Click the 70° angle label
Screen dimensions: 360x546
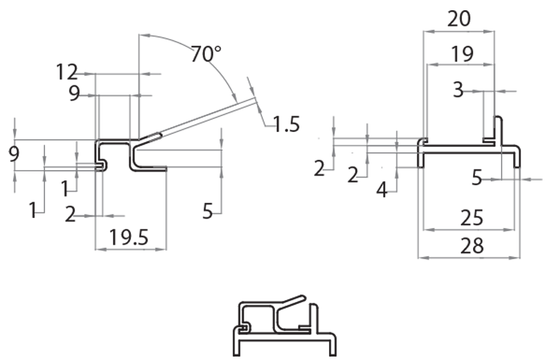click(x=203, y=54)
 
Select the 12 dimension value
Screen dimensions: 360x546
click(x=68, y=71)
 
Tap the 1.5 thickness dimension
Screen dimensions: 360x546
click(x=286, y=124)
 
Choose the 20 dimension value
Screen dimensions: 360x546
click(x=459, y=18)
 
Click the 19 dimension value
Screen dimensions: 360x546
click(x=462, y=54)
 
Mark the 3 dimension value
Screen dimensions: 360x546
click(x=458, y=89)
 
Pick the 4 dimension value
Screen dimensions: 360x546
click(x=382, y=190)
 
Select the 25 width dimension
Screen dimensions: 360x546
click(x=472, y=218)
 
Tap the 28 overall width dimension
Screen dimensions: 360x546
click(x=472, y=245)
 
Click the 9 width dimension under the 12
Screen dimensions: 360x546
click(x=74, y=94)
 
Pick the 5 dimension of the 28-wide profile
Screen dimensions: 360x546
click(x=478, y=178)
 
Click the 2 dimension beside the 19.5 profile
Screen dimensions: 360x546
click(x=70, y=214)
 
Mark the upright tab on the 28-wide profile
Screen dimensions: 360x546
click(x=498, y=130)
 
